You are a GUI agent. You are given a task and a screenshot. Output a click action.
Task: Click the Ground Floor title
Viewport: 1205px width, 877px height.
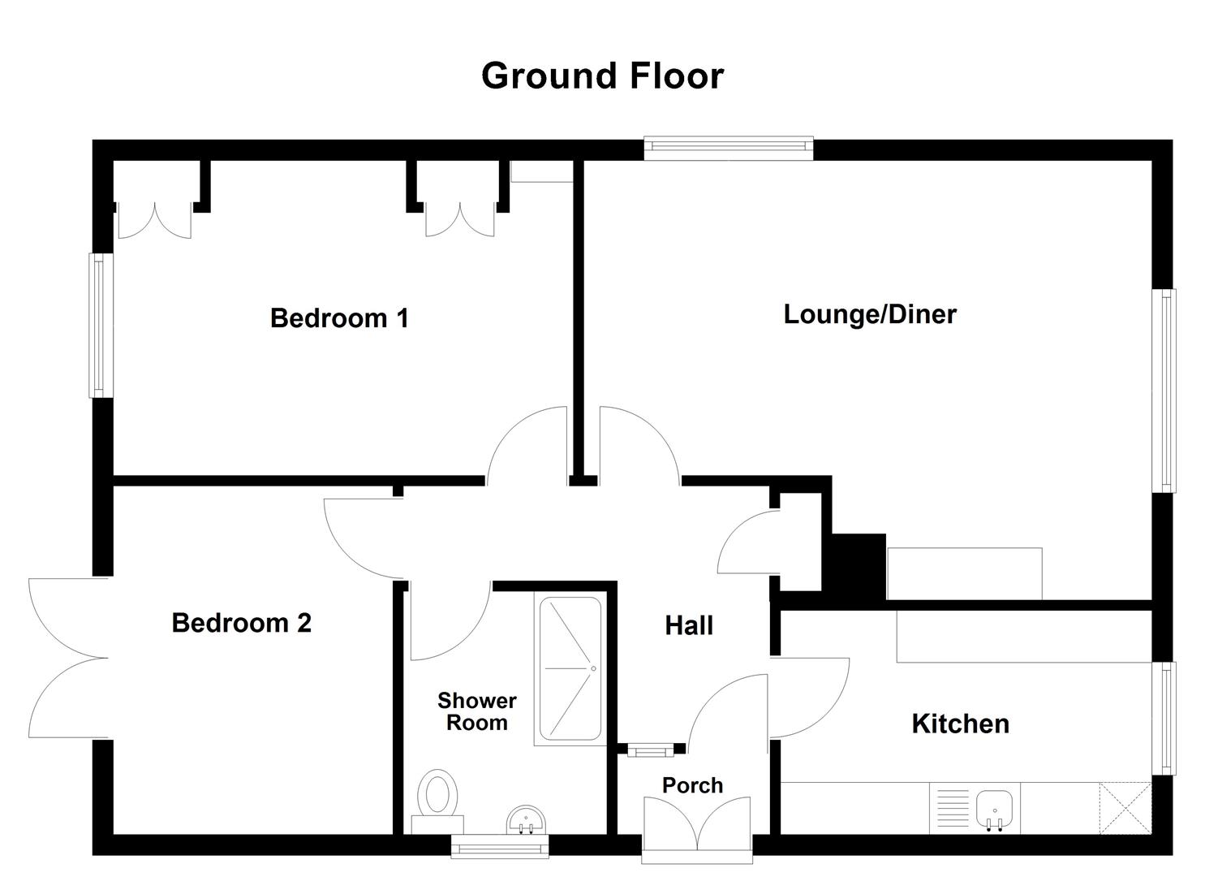click(x=602, y=76)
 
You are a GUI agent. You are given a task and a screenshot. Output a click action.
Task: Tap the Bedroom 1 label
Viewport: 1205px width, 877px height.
click(x=339, y=318)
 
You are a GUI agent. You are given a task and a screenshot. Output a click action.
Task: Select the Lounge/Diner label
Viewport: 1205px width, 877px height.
click(x=870, y=314)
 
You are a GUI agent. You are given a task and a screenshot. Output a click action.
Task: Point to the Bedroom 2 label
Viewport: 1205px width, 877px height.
click(x=242, y=623)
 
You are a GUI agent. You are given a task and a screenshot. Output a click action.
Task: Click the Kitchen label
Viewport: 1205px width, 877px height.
click(x=960, y=724)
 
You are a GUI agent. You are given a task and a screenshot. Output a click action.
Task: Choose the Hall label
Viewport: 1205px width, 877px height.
click(x=689, y=625)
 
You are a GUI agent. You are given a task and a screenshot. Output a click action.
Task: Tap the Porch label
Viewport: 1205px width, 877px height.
click(x=692, y=785)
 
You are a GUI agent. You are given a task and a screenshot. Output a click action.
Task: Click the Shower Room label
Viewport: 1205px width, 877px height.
click(x=477, y=711)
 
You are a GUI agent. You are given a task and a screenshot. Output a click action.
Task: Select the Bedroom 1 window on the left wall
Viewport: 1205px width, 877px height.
click(x=101, y=326)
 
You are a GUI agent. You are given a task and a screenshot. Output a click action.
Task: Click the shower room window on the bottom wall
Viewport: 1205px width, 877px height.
click(x=501, y=849)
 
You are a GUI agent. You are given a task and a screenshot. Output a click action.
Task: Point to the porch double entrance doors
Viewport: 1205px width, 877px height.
click(x=697, y=824)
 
